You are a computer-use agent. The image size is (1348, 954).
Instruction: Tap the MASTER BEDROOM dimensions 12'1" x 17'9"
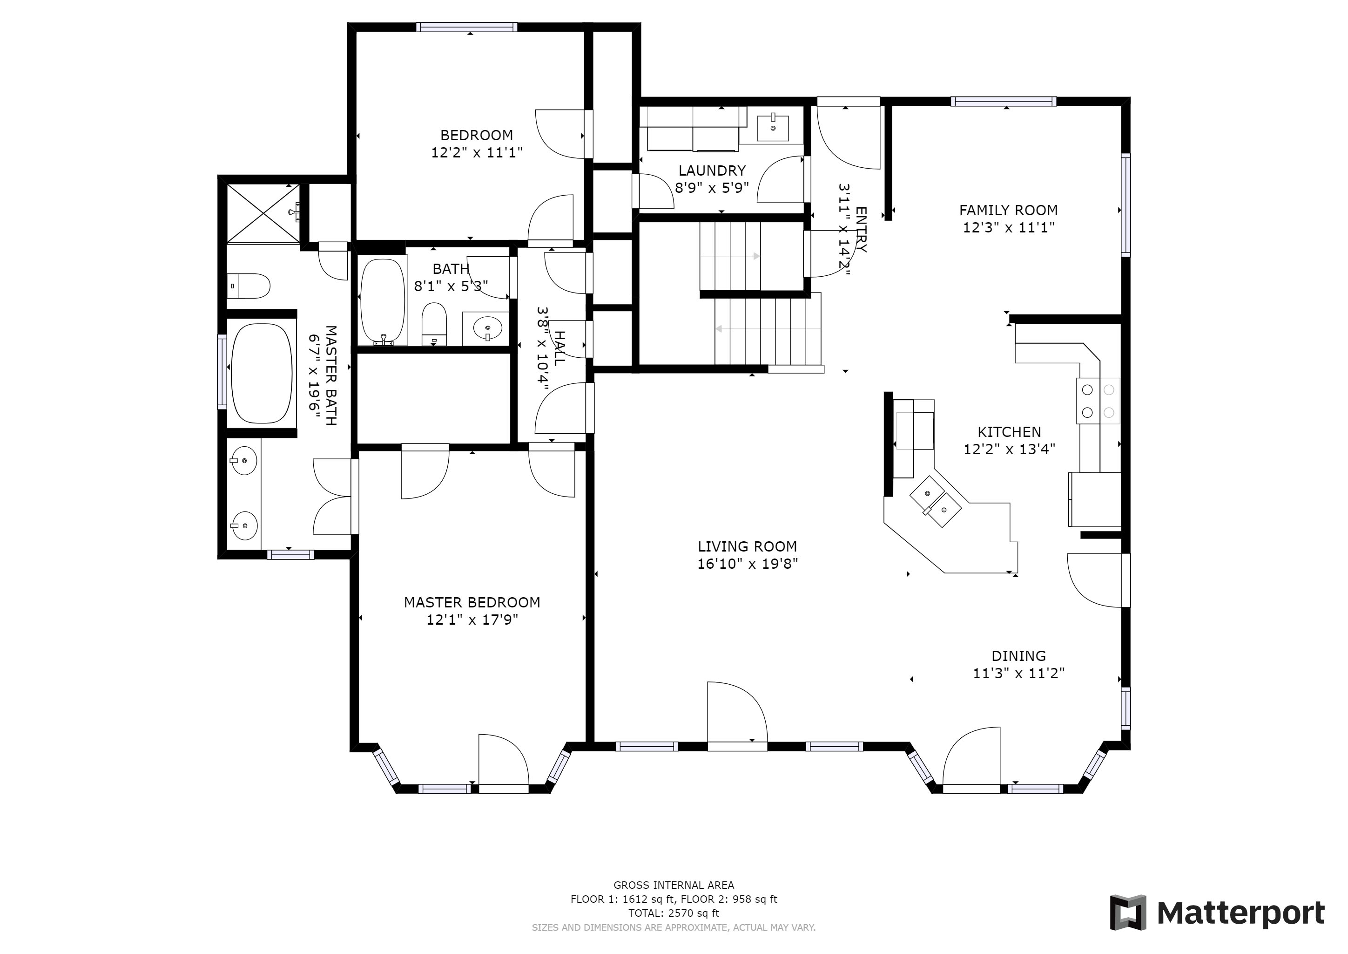472,620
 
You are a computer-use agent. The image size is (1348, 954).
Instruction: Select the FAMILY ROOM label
1008,210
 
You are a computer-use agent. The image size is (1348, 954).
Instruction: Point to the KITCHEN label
1009,432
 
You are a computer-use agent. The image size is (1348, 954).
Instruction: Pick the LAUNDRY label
712,170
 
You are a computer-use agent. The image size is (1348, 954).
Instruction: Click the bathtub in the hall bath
383,302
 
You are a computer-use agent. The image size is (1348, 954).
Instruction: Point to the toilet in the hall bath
434,324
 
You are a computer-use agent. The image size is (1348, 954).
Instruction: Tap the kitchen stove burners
1098,401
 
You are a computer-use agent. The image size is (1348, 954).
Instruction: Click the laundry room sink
773,128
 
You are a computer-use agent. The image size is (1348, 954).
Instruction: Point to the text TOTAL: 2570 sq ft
674,913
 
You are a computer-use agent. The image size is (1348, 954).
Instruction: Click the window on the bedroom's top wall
467,27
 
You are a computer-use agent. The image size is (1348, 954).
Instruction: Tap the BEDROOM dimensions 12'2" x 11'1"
477,153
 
